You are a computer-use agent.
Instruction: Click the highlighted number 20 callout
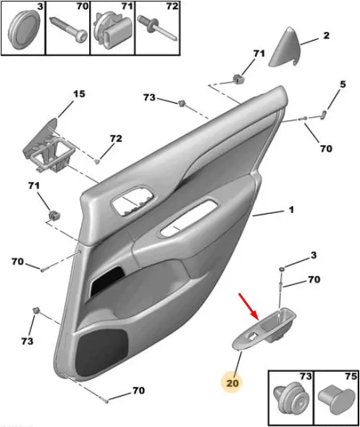pyautogui.click(x=232, y=384)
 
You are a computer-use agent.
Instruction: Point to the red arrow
pyautogui.click(x=248, y=306)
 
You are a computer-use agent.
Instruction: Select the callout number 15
pyautogui.click(x=79, y=94)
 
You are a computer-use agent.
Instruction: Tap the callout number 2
pyautogui.click(x=326, y=36)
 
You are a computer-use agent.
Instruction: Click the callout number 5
pyautogui.click(x=343, y=84)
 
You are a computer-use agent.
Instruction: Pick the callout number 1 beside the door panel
pyautogui.click(x=291, y=210)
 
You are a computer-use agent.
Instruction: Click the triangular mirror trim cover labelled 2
pyautogui.click(x=285, y=46)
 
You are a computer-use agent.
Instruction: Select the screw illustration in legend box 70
pyautogui.click(x=68, y=30)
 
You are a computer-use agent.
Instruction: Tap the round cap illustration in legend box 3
pyautogui.click(x=24, y=30)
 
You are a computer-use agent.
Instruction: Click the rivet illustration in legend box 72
pyautogui.click(x=158, y=28)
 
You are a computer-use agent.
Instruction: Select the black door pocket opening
pyautogui.click(x=106, y=281)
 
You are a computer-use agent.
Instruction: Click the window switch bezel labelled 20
pyautogui.click(x=264, y=328)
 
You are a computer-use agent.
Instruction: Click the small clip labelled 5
pyautogui.click(x=324, y=115)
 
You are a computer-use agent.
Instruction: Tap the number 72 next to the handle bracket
pyautogui.click(x=116, y=138)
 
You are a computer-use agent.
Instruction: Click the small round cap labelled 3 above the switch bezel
pyautogui.click(x=282, y=270)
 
